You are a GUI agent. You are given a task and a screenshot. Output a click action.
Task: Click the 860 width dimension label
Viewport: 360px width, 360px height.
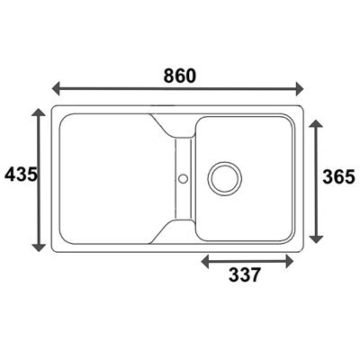(178, 76)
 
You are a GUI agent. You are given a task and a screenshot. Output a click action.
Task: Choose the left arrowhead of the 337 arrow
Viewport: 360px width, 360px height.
(204, 261)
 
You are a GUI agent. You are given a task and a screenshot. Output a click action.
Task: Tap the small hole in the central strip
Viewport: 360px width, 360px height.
(184, 177)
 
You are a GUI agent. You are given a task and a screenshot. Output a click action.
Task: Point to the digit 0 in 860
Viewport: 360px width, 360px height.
(191, 76)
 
